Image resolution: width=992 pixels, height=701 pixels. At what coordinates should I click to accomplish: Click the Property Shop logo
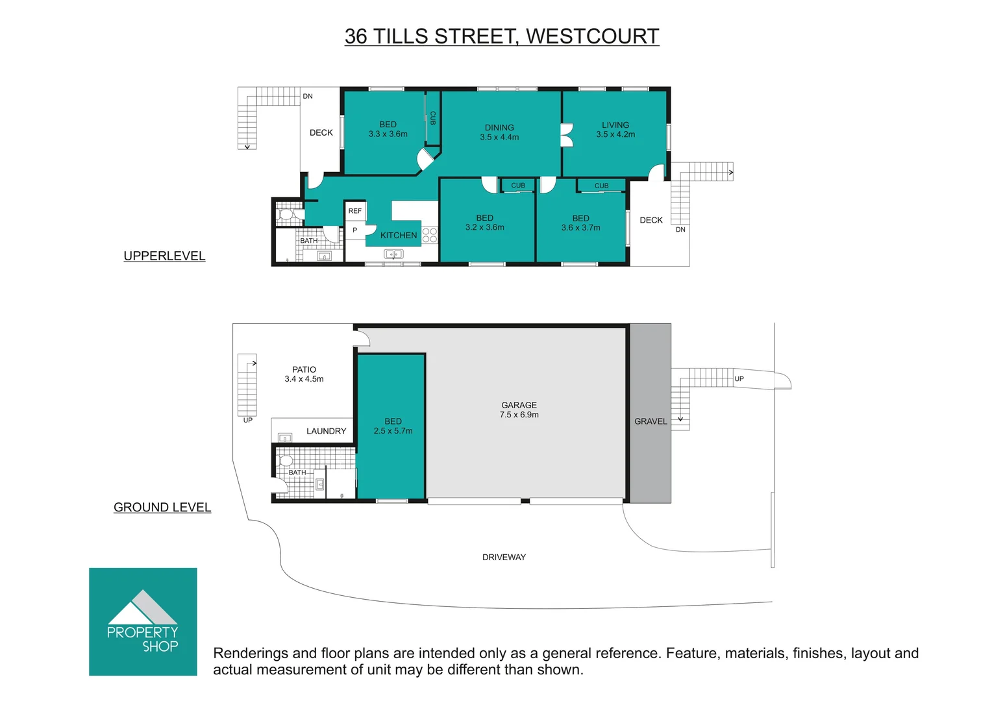(x=143, y=621)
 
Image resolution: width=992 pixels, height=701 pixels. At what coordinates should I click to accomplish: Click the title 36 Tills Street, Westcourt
(x=501, y=36)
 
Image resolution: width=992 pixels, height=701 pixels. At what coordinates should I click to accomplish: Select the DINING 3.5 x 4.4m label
(x=499, y=132)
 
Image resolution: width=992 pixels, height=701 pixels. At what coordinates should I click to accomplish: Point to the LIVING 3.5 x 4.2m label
(x=615, y=130)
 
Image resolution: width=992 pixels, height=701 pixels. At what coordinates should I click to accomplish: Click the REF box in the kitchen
(x=355, y=211)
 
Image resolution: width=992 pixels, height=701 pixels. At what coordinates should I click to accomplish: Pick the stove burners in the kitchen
(x=430, y=235)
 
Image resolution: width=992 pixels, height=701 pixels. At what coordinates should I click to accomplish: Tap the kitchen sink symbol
(x=393, y=254)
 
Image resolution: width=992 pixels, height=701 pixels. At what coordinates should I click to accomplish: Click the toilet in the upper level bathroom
(x=286, y=214)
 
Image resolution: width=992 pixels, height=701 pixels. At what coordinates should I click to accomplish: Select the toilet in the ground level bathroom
(x=285, y=461)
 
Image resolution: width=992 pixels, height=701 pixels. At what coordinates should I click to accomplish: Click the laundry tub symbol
(x=285, y=438)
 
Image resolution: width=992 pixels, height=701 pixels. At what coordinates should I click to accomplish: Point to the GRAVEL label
(x=651, y=421)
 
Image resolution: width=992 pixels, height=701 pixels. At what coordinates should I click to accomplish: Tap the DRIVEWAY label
(x=504, y=557)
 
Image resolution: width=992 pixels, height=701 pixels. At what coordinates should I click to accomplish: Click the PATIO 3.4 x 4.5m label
(x=304, y=374)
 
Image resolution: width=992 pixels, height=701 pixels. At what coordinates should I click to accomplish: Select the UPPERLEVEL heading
(x=164, y=256)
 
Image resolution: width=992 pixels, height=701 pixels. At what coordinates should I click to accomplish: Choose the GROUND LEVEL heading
(x=162, y=507)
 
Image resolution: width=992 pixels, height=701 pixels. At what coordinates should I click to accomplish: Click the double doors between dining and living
(x=566, y=136)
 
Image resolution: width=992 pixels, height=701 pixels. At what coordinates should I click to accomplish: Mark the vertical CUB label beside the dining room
(x=433, y=118)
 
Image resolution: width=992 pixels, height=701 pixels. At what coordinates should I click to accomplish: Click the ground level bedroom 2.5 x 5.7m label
(x=393, y=426)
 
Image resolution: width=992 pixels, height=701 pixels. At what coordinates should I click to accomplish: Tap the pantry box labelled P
(x=355, y=230)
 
